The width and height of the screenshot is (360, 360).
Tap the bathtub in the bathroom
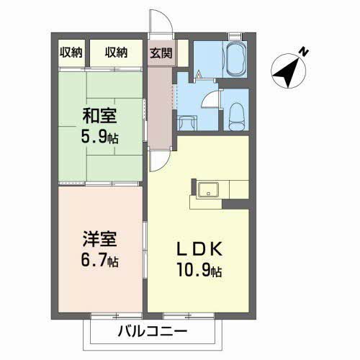[235, 57]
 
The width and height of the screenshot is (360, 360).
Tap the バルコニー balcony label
[152, 332]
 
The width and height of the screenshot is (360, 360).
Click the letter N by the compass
[305, 52]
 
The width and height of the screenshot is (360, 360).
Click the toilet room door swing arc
[211, 102]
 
